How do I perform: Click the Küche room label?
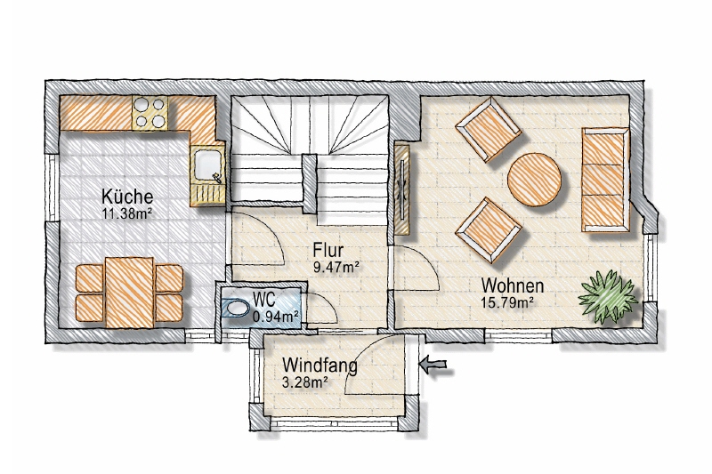(x=127, y=197)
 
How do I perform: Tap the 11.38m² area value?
(x=127, y=213)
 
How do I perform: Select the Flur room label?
(x=328, y=250)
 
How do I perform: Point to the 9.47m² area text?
(x=336, y=267)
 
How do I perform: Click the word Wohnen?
(x=513, y=285)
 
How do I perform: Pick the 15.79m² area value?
(x=507, y=302)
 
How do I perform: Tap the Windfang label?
(x=320, y=366)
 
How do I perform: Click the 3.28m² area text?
(x=305, y=382)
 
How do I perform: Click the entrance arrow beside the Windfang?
(x=433, y=365)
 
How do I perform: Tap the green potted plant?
(x=608, y=296)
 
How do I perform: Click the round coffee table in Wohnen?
(x=534, y=180)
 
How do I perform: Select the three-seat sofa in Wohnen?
(x=606, y=180)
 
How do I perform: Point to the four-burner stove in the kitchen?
(x=150, y=112)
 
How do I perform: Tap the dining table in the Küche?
(x=129, y=293)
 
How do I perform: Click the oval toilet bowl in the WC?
(x=237, y=309)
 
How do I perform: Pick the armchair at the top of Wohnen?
(x=489, y=131)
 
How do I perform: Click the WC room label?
(x=264, y=300)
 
